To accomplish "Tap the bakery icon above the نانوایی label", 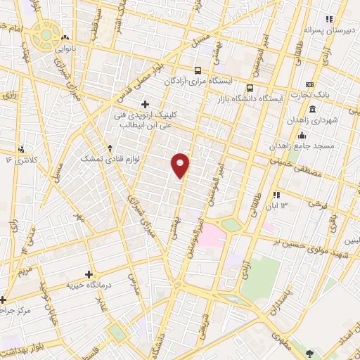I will tap(65, 37).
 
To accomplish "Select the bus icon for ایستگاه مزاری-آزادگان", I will tap(198, 70).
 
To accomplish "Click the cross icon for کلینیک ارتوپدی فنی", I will tap(145, 104).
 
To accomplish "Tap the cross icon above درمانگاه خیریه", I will tap(89, 274).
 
